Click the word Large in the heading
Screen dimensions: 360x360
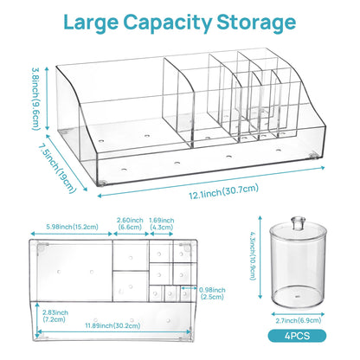pos(91,22)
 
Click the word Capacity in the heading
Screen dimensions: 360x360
pos(168,23)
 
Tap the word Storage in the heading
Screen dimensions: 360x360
pos(256,23)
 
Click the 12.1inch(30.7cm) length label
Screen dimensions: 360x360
pos(223,191)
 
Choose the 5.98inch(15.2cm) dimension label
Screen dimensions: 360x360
pos(72,227)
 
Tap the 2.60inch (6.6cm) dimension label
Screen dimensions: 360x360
pos(130,223)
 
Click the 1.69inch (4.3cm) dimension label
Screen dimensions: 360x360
pos(162,223)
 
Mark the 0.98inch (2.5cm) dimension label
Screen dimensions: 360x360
pos(212,293)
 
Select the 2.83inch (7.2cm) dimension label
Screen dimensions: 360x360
pos(55,316)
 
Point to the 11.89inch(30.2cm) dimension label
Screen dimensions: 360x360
pos(112,325)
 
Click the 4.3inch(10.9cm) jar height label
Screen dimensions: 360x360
pos(253,256)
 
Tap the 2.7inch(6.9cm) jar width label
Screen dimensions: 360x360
pos(299,320)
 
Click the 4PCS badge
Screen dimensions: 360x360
pos(297,336)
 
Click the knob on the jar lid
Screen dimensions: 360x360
pos(298,222)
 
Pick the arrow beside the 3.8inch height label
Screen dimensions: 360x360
pos(48,99)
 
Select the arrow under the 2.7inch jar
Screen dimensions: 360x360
pos(298,314)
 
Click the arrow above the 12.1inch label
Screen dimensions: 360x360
pos(211,182)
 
